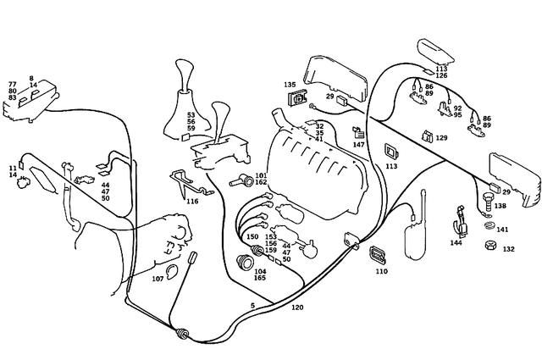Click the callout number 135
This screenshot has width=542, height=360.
(290, 85)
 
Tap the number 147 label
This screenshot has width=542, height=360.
(359, 145)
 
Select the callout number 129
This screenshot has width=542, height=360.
(441, 137)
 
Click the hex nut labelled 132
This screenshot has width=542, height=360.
(489, 246)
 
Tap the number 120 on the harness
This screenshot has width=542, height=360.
(297, 307)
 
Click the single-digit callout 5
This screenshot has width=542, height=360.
(252, 304)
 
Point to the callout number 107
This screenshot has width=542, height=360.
(158, 279)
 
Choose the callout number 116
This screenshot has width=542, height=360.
(192, 202)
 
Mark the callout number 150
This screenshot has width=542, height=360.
(252, 237)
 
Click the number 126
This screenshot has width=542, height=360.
(441, 75)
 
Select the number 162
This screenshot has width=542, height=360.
(261, 182)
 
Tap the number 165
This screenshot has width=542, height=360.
(260, 278)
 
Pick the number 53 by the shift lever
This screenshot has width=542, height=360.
(191, 114)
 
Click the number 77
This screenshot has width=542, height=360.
(13, 85)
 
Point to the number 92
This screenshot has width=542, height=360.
(457, 108)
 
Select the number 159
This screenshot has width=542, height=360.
(270, 251)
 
